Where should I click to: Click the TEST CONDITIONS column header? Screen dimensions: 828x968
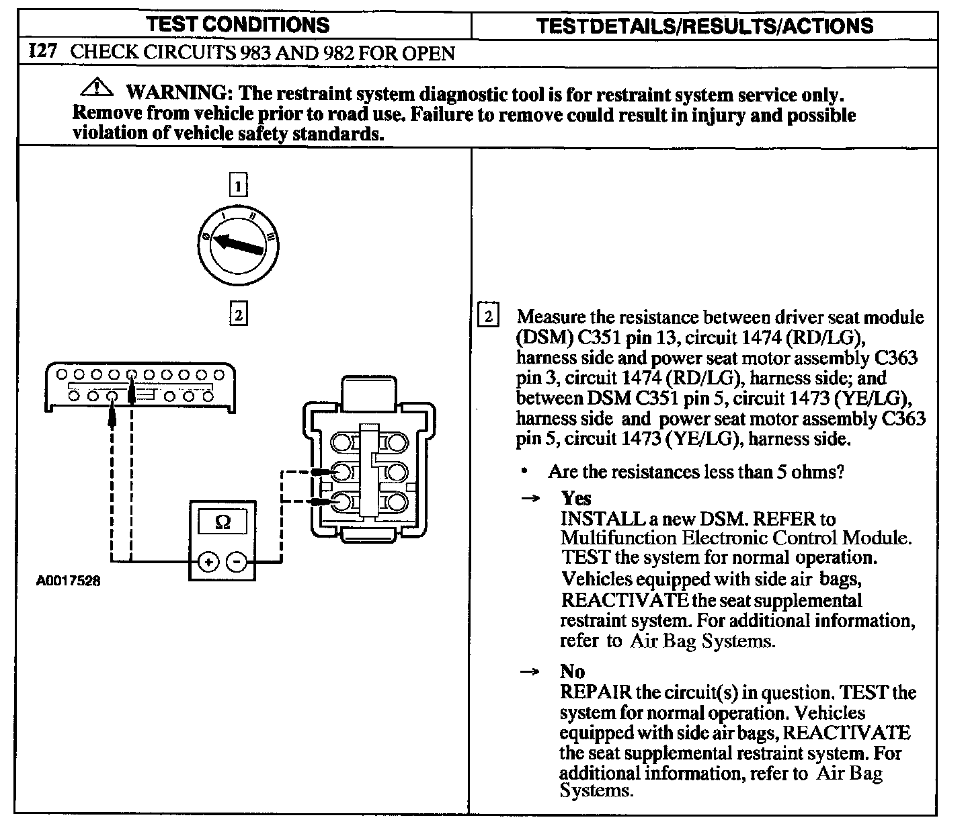(238, 26)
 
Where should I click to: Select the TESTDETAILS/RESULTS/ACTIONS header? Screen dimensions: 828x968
(705, 26)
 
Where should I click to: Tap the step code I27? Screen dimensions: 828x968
(43, 52)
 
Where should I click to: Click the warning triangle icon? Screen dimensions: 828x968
(97, 88)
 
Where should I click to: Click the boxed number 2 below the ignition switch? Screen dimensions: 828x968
(238, 314)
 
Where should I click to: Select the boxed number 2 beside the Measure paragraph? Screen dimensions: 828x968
(488, 317)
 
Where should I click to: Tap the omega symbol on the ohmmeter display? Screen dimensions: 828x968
(222, 522)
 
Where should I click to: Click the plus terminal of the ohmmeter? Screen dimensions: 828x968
(208, 562)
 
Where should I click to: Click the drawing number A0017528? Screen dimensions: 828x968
(68, 581)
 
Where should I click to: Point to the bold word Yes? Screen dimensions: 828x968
(576, 498)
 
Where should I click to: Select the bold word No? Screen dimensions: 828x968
(572, 671)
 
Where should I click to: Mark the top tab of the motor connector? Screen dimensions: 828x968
(369, 389)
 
